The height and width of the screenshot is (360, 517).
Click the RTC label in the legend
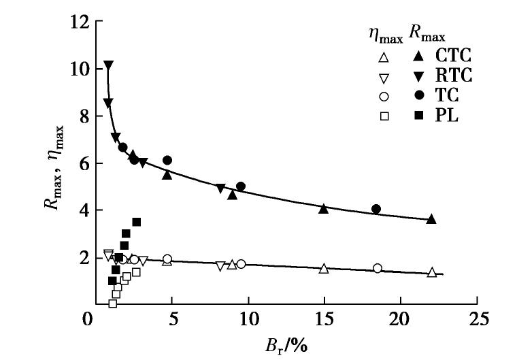click(x=454, y=74)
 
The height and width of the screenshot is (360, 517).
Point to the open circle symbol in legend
click(x=384, y=96)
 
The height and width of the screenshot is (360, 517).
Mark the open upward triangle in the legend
click(x=384, y=56)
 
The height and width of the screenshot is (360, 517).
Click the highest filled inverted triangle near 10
click(x=108, y=66)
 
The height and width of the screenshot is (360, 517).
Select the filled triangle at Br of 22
click(x=431, y=219)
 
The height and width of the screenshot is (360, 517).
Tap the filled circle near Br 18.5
click(x=376, y=209)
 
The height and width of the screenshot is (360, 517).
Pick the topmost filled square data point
click(x=136, y=222)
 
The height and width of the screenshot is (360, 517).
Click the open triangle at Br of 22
click(x=432, y=272)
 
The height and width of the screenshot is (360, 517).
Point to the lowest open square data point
click(x=113, y=304)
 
